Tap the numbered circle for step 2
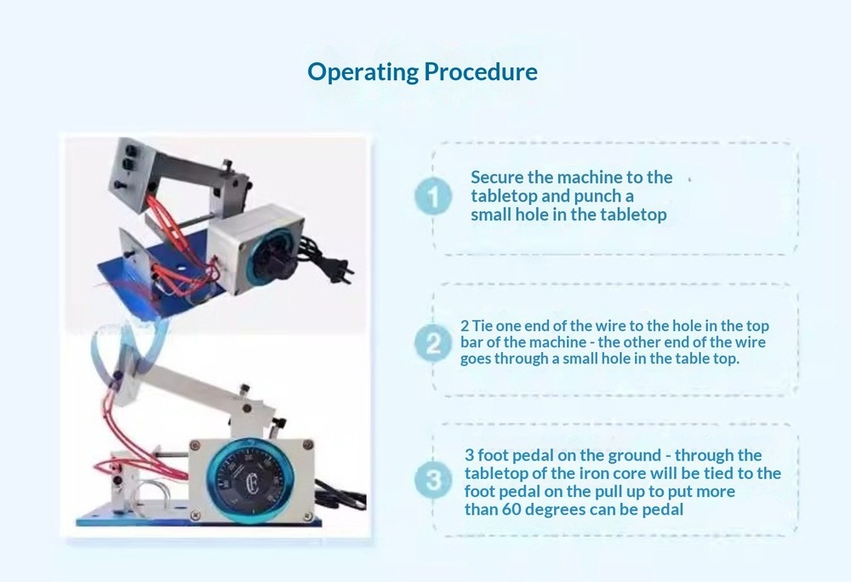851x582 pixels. click(x=433, y=344)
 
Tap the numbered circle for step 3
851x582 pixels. click(x=433, y=482)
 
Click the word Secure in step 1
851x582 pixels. click(x=497, y=178)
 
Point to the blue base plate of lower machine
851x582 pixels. click(x=128, y=519)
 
